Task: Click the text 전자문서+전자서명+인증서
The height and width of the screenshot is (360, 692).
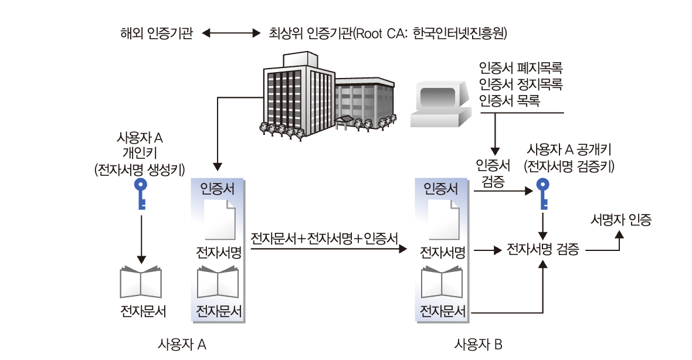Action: tap(324, 239)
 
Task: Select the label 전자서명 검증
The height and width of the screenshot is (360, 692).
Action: tap(543, 250)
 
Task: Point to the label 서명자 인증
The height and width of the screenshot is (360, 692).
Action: tap(621, 220)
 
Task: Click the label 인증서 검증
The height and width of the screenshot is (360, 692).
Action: tap(493, 172)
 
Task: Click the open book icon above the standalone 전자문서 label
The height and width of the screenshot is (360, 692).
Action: tap(140, 281)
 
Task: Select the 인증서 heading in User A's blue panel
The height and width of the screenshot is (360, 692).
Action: tap(218, 189)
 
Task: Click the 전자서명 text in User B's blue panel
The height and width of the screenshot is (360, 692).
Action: tap(443, 253)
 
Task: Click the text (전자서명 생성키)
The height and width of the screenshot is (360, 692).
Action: tap(140, 170)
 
